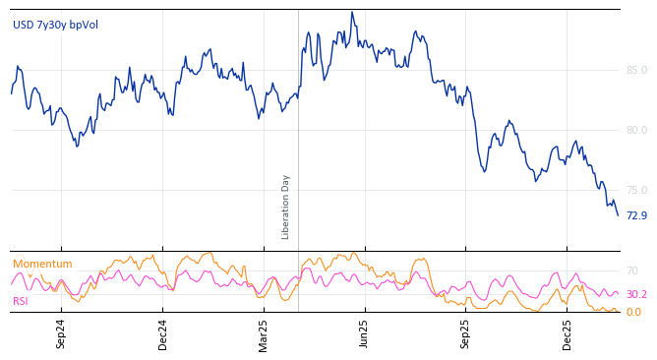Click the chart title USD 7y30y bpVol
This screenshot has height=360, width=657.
coord(55,25)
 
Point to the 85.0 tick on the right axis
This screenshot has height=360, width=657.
coord(636,70)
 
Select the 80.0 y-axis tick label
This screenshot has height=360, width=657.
coord(636,130)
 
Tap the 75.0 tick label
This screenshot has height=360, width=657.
coord(636,190)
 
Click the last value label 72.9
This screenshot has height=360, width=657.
coord(636,215)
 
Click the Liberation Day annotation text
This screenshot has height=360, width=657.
coord(286,207)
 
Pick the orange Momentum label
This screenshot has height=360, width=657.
coord(42,264)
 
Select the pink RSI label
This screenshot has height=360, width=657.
coord(21,301)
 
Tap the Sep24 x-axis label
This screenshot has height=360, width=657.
coord(61,334)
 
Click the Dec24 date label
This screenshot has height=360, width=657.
coord(163,334)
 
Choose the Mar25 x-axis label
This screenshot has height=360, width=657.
coord(264,334)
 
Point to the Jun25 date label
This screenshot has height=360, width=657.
coord(365,334)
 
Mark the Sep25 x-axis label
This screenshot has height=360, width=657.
coord(465,334)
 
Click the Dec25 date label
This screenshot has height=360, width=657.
coord(567,334)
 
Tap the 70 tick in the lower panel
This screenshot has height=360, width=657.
coord(632,270)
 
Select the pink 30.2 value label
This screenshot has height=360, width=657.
coord(636,294)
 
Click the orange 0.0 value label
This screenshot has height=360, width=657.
coord(633,312)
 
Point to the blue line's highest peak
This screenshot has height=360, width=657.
coord(351,13)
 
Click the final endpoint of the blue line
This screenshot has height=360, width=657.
coord(618,215)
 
